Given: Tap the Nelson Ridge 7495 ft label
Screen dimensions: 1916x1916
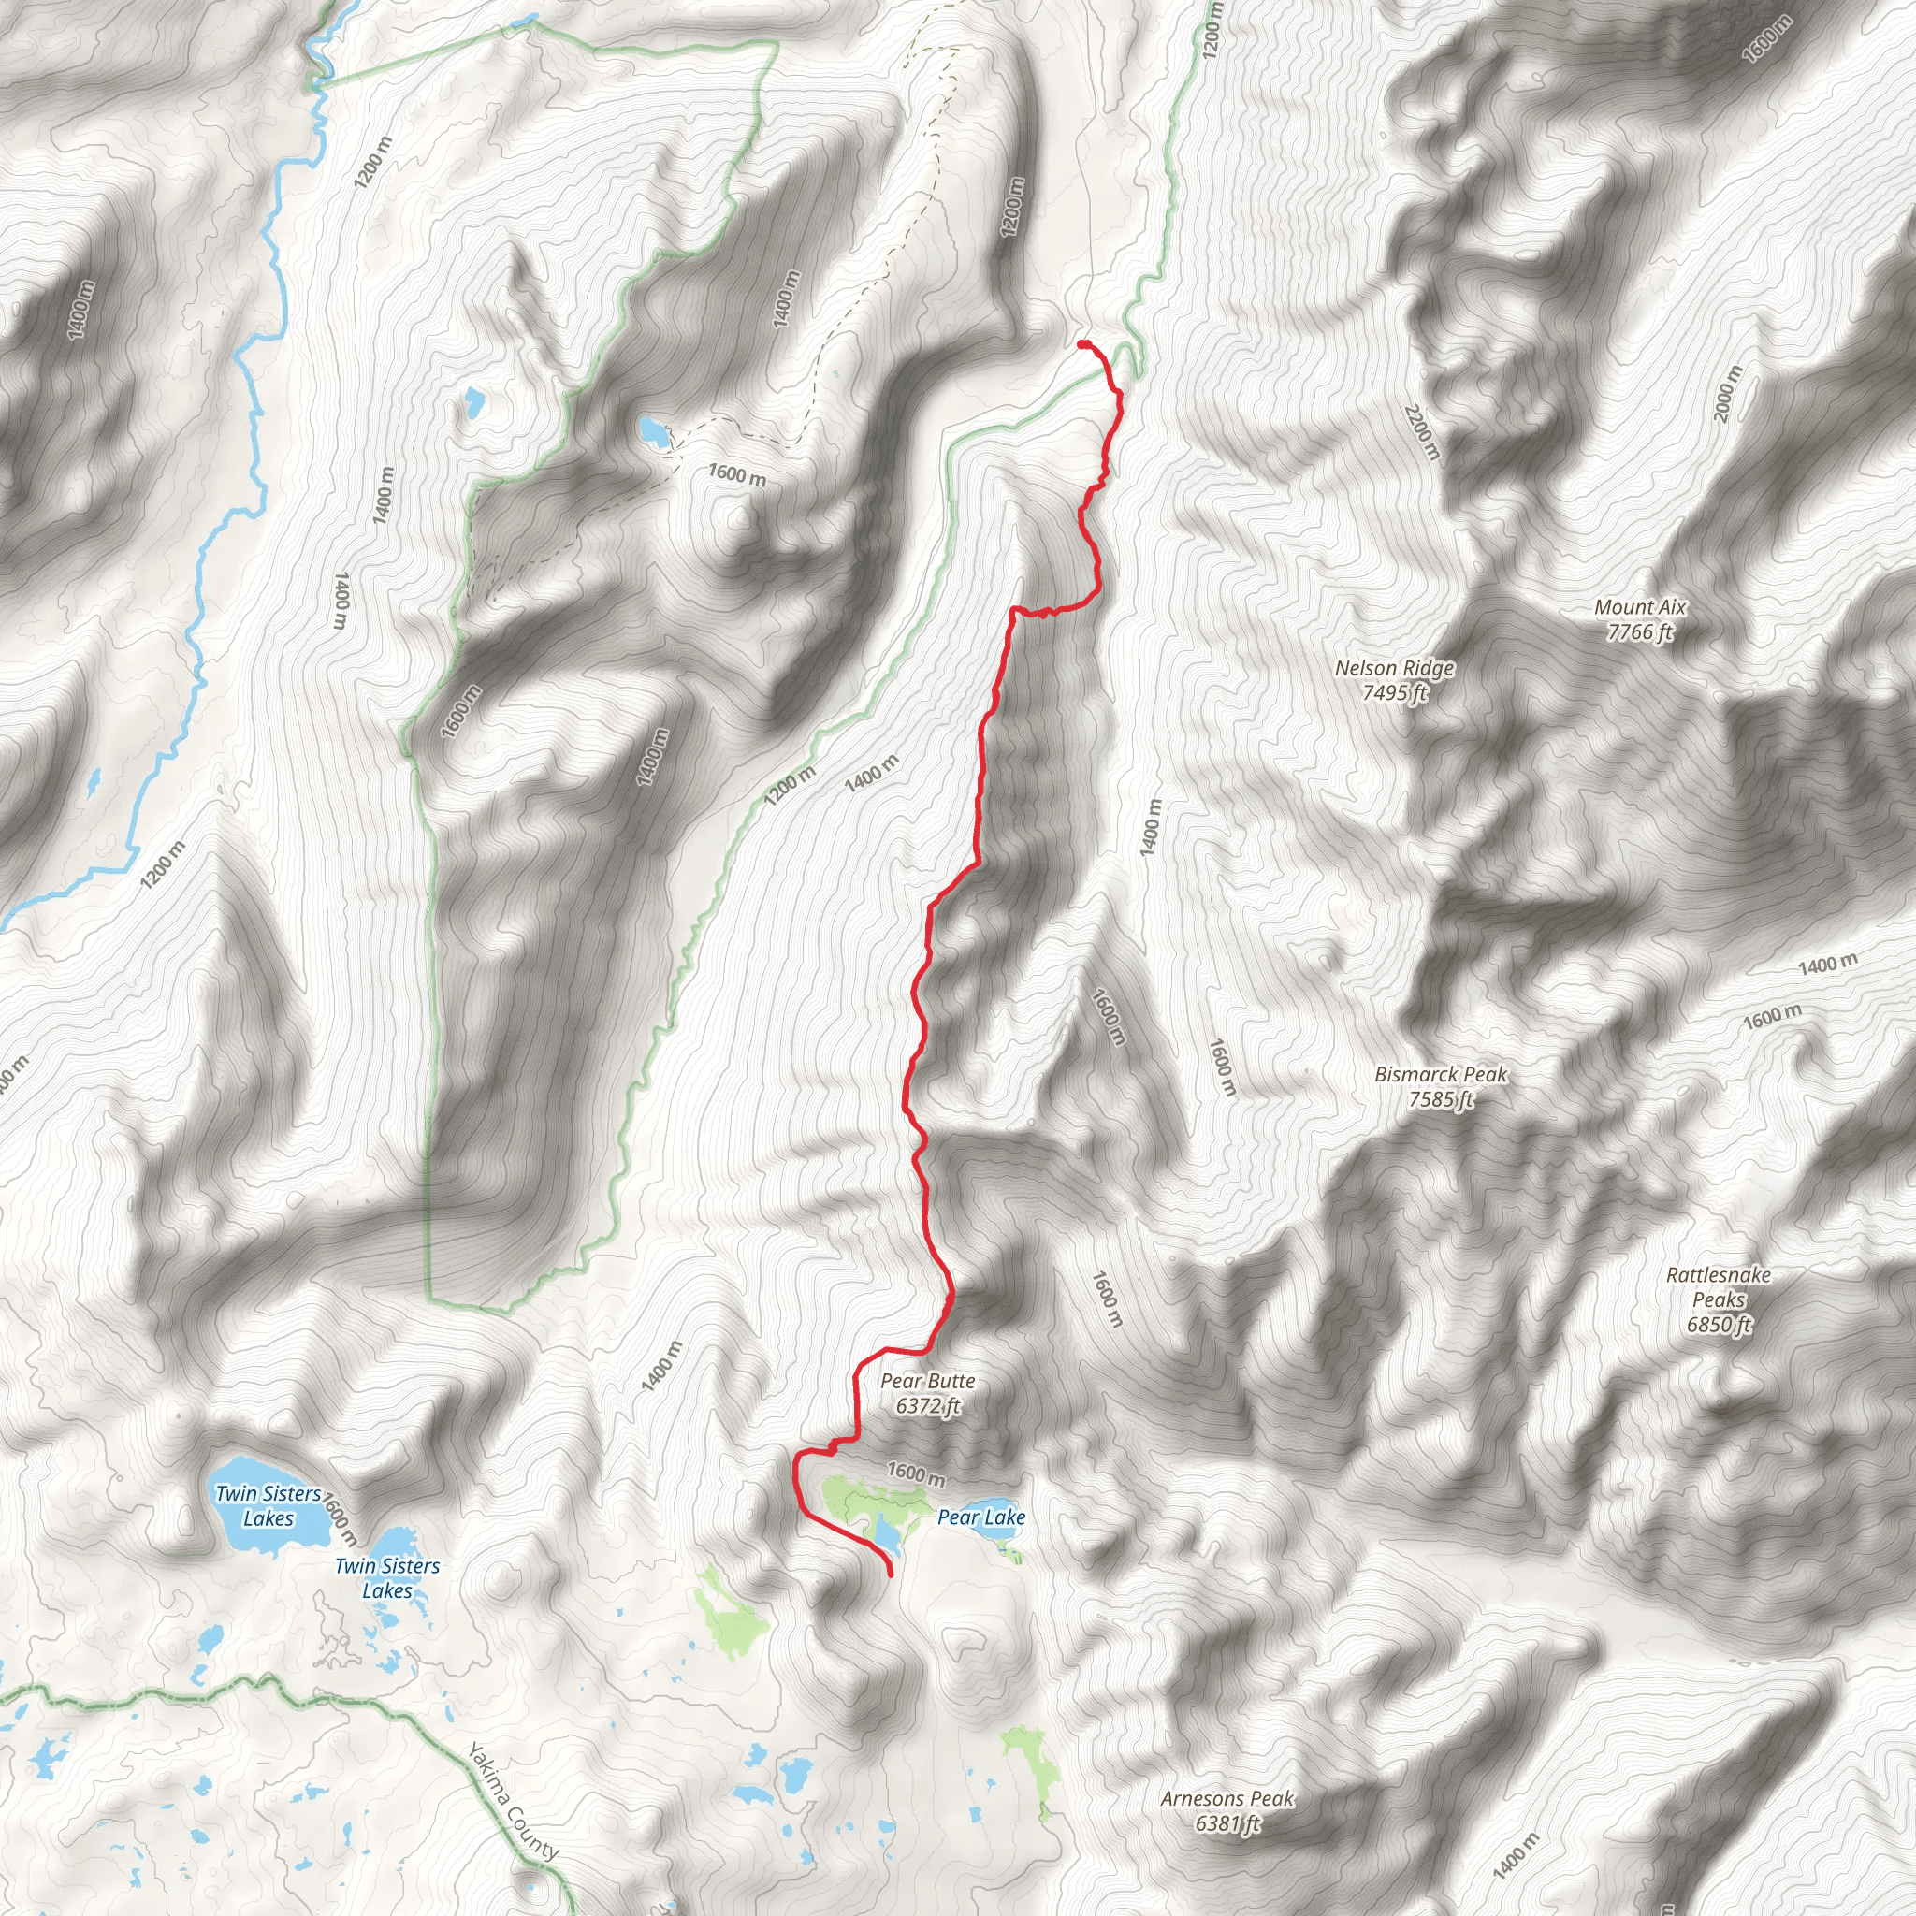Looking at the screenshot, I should pyautogui.click(x=1394, y=680).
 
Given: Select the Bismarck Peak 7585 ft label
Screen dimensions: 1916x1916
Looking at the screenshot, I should pyautogui.click(x=1440, y=1087).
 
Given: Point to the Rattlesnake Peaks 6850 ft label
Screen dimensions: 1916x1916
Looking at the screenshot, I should pyautogui.click(x=1719, y=1299).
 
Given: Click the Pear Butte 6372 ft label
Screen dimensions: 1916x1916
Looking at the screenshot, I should pyautogui.click(x=927, y=1393).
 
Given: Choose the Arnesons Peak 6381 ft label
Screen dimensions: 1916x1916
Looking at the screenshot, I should pyautogui.click(x=1227, y=1811).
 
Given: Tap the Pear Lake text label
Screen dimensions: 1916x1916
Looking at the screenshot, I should pyautogui.click(x=980, y=1517).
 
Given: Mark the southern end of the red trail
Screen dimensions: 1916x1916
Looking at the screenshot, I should pyautogui.click(x=890, y=1574).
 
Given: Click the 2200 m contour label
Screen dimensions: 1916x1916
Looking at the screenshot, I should pyautogui.click(x=1421, y=431).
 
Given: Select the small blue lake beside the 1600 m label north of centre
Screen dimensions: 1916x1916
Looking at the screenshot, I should pyautogui.click(x=653, y=431).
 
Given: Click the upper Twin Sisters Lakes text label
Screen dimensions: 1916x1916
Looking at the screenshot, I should pyautogui.click(x=268, y=1505).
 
